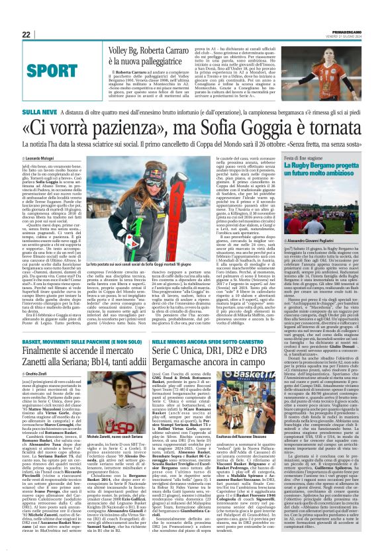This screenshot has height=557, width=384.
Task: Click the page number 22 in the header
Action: tap(26, 34)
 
